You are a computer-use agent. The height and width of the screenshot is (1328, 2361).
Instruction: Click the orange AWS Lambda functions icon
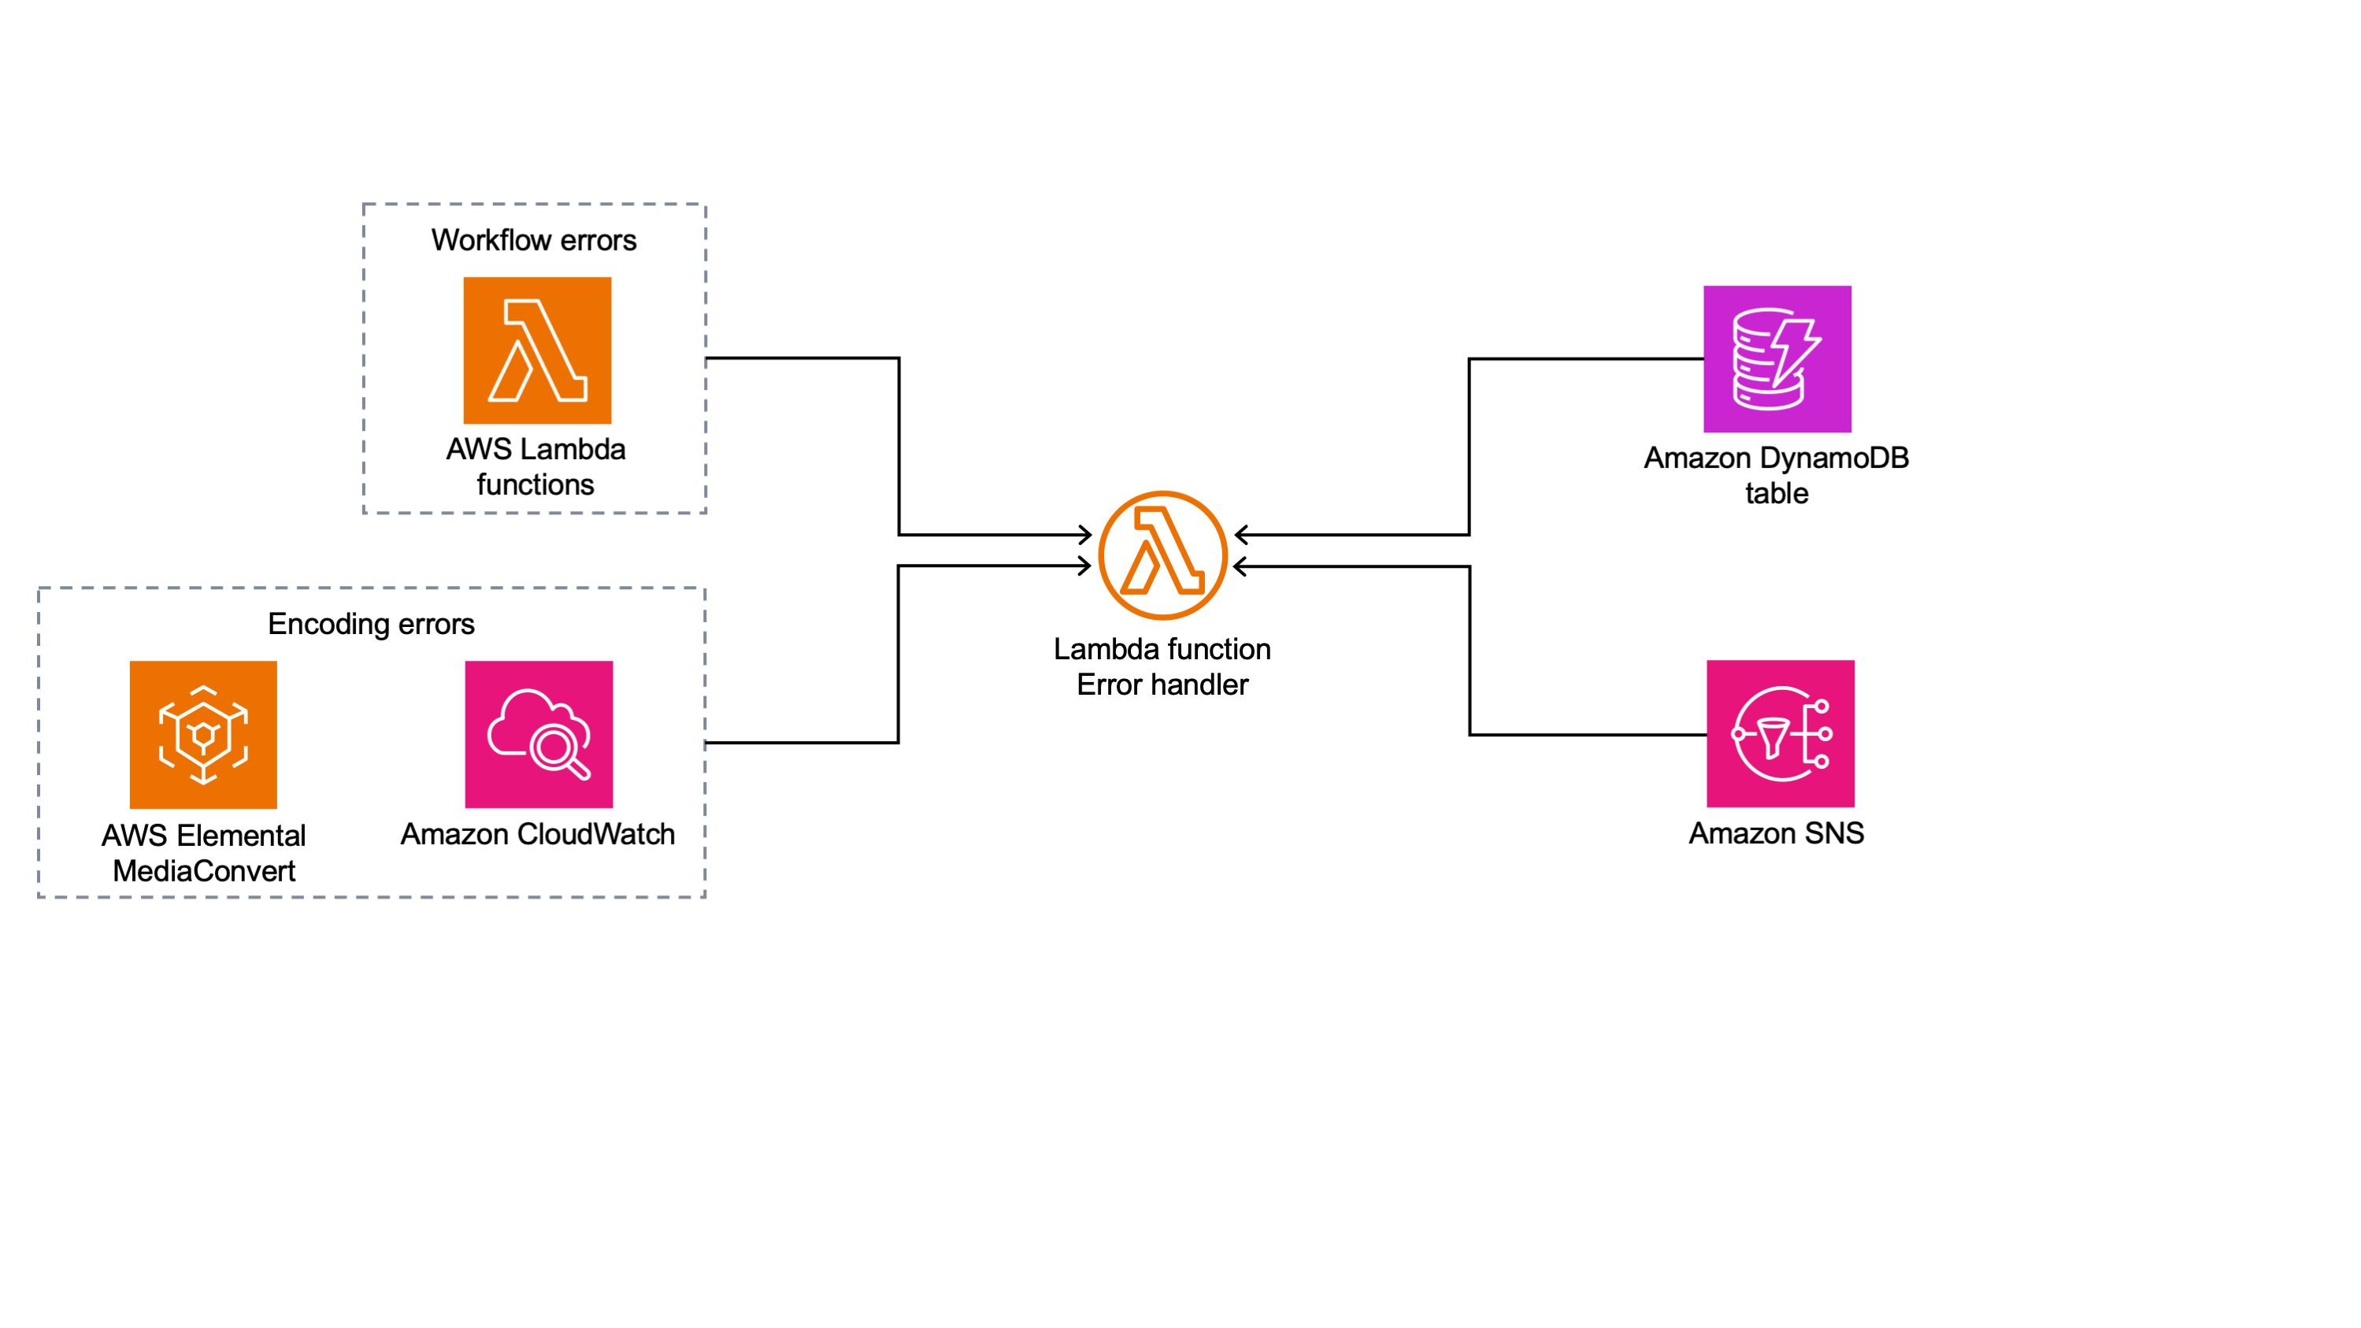(x=537, y=350)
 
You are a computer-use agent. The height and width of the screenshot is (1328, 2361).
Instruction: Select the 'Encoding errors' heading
(x=371, y=624)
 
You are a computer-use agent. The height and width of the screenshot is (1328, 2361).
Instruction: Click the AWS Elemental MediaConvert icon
(x=203, y=734)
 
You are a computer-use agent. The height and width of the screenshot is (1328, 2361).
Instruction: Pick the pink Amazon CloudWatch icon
(x=539, y=734)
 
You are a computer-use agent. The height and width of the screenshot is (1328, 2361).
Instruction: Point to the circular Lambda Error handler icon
(x=1162, y=555)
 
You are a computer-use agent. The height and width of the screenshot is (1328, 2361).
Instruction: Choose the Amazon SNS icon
(x=1780, y=733)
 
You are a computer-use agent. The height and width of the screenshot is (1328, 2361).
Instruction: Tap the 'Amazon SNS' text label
(x=1775, y=833)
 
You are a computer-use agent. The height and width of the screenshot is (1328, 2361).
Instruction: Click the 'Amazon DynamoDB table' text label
(x=1775, y=475)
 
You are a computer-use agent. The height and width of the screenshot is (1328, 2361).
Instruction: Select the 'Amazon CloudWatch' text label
(x=538, y=834)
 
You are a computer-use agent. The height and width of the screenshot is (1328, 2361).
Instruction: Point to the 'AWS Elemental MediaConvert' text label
(x=203, y=852)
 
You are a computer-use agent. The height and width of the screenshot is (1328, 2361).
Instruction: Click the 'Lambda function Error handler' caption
(x=1162, y=666)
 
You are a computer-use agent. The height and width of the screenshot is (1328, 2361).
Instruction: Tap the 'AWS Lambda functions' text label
(x=536, y=466)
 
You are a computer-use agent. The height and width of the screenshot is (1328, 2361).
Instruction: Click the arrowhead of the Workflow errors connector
(x=1085, y=534)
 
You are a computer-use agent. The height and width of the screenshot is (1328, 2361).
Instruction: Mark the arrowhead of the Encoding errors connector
(x=1085, y=566)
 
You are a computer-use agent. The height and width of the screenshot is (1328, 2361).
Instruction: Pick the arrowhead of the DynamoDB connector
(x=1241, y=534)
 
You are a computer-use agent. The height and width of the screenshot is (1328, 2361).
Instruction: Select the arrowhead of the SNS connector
(x=1241, y=567)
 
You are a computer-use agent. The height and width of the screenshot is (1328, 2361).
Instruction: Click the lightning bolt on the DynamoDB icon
(x=1795, y=348)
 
